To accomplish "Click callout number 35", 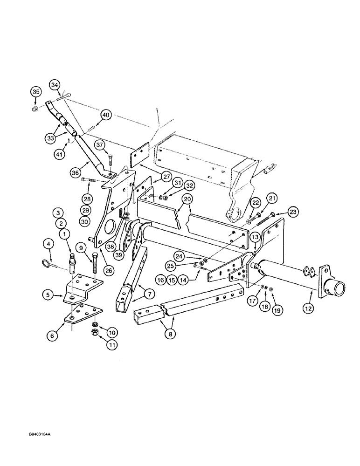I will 35,91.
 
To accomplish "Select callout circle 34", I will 55,85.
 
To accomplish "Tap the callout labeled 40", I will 106,115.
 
